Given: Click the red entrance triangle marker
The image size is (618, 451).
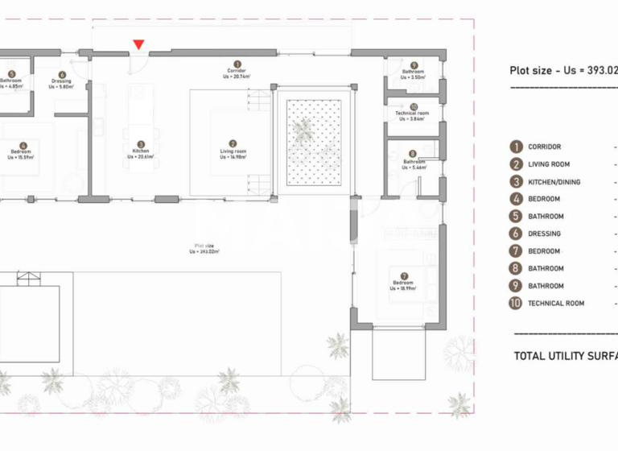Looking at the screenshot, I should coord(139,45).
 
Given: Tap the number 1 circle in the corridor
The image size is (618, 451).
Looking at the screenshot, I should coord(237,64).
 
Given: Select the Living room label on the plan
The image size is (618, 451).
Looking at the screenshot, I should coord(233,151).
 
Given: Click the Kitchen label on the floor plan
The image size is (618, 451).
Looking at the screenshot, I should coord(141,151).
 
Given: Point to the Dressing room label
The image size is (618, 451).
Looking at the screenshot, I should coord(61,81).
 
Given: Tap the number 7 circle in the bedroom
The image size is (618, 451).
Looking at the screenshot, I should coord(403,275).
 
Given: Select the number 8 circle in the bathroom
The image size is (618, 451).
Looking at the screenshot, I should coord(413,153).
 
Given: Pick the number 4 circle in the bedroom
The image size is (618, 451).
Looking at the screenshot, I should coord(22,145).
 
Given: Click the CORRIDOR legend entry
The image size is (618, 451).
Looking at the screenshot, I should coord(545,147).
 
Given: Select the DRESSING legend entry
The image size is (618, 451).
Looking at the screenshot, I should coord(545,234).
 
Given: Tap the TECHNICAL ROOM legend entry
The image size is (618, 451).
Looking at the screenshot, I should coord(556,304).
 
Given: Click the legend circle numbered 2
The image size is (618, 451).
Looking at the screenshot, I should coord(516,164).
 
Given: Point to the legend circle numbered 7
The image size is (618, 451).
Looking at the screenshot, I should coord(516,251).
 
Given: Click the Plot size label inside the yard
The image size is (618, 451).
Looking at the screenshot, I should coord(204,248).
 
